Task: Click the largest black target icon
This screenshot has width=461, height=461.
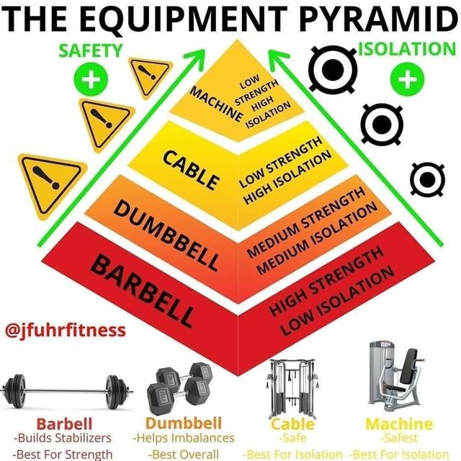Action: pos(332,70)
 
